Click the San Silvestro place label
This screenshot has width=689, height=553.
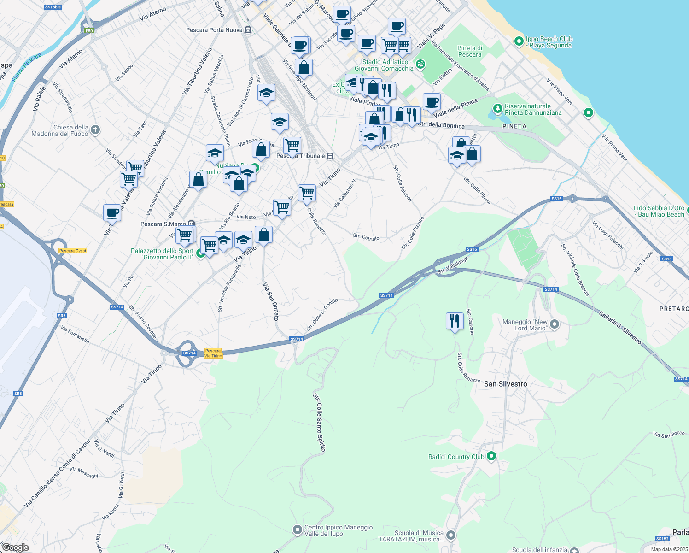point(505,384)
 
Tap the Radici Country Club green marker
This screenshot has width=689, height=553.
point(491,457)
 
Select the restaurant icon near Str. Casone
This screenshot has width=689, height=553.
point(455,320)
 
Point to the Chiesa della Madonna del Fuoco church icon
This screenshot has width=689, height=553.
point(95,129)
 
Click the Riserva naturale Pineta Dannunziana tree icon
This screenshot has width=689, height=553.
point(497,109)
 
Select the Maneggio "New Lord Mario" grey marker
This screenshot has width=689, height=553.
point(555,324)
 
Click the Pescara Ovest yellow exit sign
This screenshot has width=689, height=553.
point(73,251)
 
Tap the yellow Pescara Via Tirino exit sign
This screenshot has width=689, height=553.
point(213,353)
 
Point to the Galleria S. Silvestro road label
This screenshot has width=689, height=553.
point(620,327)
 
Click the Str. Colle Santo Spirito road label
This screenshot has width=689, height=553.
point(319,422)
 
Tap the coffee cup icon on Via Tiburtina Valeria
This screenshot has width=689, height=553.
point(112,213)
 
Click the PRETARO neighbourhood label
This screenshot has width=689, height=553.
point(674,309)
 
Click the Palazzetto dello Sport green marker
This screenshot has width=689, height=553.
point(201,253)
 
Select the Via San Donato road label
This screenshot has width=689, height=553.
point(271,301)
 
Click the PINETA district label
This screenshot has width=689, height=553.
point(514,126)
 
